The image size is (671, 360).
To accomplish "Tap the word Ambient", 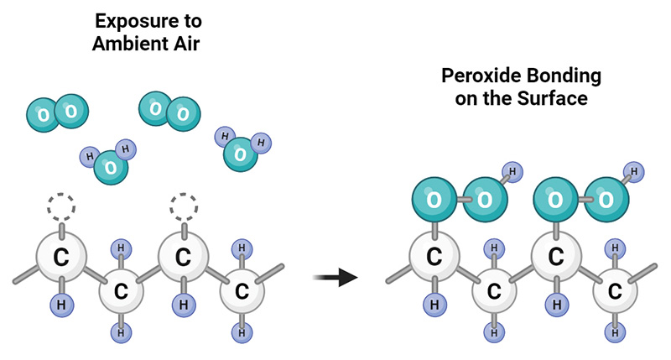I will [136, 44].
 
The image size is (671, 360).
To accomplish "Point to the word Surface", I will [553, 98].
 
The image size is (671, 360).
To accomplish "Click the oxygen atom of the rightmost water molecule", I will [241, 154].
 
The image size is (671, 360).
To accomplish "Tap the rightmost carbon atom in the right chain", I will [615, 291].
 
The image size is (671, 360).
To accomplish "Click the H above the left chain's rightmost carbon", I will [242, 248].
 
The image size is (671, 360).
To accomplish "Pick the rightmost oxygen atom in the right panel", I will [605, 201].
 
